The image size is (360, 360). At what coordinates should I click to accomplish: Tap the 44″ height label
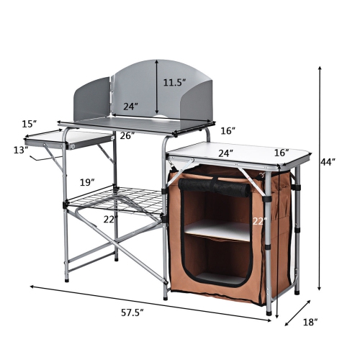point(328,162)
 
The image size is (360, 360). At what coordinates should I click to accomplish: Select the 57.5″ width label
point(132,312)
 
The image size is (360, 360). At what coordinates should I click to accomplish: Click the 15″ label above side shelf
point(29,124)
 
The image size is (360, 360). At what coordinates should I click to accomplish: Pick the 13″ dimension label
point(20,150)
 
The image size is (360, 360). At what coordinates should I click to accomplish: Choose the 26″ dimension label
point(127,135)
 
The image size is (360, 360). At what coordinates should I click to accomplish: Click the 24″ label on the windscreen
point(130,107)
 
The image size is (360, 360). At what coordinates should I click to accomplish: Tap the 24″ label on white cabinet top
point(226,153)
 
